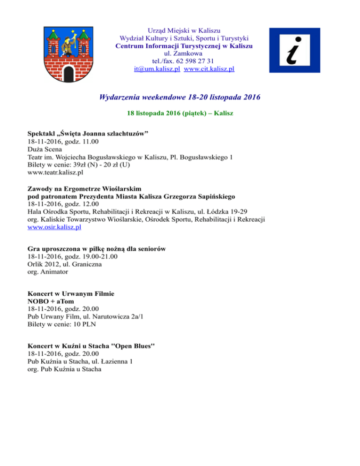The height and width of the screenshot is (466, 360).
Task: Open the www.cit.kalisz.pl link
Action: click(x=209, y=69)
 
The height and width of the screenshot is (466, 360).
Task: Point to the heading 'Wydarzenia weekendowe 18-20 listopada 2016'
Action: click(x=180, y=98)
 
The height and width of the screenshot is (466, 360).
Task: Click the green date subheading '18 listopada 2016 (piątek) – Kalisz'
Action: click(x=180, y=114)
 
